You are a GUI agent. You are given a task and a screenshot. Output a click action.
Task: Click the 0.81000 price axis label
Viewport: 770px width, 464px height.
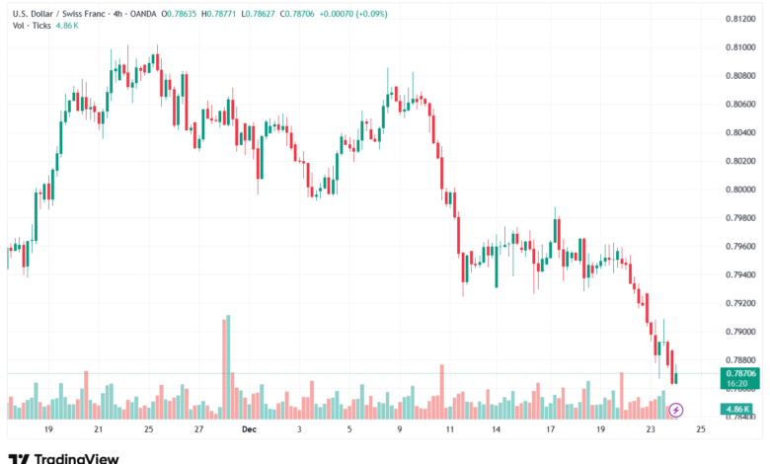click(x=740, y=46)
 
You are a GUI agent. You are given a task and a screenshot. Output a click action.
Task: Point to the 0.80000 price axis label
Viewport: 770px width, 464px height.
click(x=740, y=190)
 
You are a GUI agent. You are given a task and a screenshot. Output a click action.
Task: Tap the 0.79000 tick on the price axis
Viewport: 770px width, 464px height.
click(x=740, y=332)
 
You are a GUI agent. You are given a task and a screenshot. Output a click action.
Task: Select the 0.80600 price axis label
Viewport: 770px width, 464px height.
click(x=740, y=104)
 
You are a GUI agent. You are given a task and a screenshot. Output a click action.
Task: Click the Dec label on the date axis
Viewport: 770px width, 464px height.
click(x=249, y=430)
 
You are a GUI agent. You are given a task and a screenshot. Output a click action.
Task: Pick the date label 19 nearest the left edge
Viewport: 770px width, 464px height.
click(x=47, y=430)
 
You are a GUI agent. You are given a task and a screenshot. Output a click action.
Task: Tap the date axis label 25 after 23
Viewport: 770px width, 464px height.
click(x=701, y=430)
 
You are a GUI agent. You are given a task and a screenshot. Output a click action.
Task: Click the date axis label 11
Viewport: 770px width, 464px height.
click(x=450, y=430)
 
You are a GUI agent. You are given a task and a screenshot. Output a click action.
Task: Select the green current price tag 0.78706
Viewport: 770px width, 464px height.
click(x=740, y=374)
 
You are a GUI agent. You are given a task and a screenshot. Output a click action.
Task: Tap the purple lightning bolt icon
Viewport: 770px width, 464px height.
click(x=676, y=409)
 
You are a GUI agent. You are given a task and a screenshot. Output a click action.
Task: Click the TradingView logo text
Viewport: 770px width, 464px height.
click(x=77, y=458)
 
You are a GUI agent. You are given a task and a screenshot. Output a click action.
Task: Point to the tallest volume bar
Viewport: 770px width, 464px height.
click(x=228, y=366)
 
